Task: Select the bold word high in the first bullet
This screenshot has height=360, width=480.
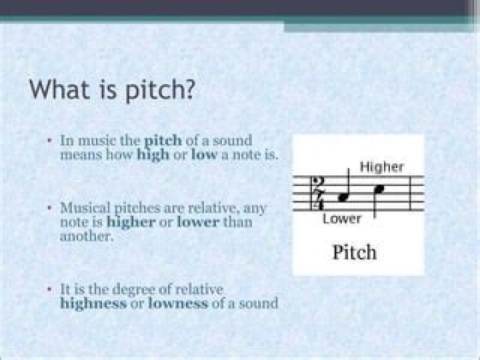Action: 153,155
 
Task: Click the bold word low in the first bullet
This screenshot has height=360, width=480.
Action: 204,155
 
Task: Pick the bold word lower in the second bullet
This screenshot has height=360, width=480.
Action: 198,222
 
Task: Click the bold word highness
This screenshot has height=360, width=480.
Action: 93,304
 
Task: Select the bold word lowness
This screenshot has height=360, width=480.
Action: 179,304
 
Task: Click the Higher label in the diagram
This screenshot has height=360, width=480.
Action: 381,167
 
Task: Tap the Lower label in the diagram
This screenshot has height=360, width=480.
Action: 341,219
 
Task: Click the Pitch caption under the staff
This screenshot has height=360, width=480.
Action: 354,253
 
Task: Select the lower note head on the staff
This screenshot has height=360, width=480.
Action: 344,197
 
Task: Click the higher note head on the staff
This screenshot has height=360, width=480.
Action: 379,189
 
